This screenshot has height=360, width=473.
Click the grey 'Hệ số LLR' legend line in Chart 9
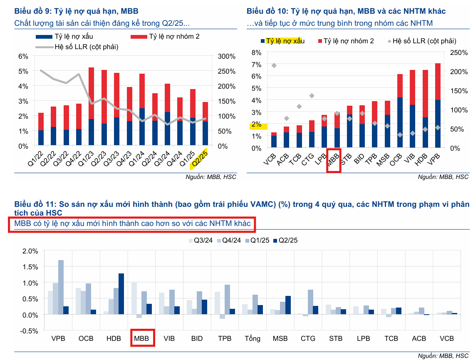(44, 47)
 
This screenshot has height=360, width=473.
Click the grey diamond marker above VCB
(274, 65)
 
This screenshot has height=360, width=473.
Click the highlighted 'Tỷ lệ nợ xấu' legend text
(285, 41)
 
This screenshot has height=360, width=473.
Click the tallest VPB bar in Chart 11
(61, 287)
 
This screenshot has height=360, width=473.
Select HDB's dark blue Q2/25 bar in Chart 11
(121, 294)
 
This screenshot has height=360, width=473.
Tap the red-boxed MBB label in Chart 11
(143, 338)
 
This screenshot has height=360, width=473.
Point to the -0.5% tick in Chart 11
(29, 330)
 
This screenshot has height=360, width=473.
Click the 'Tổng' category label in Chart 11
(252, 338)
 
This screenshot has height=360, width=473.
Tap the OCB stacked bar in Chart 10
(400, 111)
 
